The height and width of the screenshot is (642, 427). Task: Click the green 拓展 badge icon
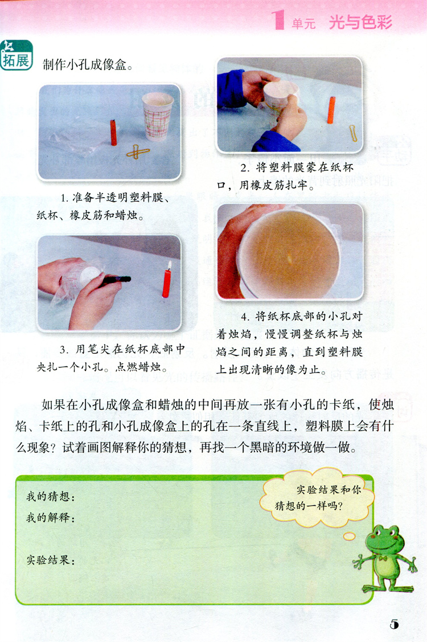tap(17, 55)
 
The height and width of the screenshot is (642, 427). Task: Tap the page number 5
tap(394, 624)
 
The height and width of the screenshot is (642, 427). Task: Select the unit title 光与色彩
tap(361, 22)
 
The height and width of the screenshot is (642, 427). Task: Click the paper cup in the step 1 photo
tap(157, 116)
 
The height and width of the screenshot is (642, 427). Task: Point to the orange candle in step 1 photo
tap(113, 133)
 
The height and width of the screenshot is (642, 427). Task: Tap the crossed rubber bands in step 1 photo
tap(138, 152)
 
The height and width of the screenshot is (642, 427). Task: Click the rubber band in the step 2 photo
tap(353, 133)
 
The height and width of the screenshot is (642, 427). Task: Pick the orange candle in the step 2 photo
tap(331, 110)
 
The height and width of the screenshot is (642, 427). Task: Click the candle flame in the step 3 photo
tap(169, 265)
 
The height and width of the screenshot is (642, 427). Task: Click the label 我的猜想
tap(51, 497)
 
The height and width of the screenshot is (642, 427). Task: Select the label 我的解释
tap(51, 518)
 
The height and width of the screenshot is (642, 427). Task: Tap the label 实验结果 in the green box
tap(51, 560)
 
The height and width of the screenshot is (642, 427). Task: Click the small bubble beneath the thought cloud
tap(349, 536)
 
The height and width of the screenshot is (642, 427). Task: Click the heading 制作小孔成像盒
tap(84, 65)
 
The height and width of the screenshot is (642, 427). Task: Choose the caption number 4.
tap(245, 317)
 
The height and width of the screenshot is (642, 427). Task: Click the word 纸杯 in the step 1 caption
tap(47, 215)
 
